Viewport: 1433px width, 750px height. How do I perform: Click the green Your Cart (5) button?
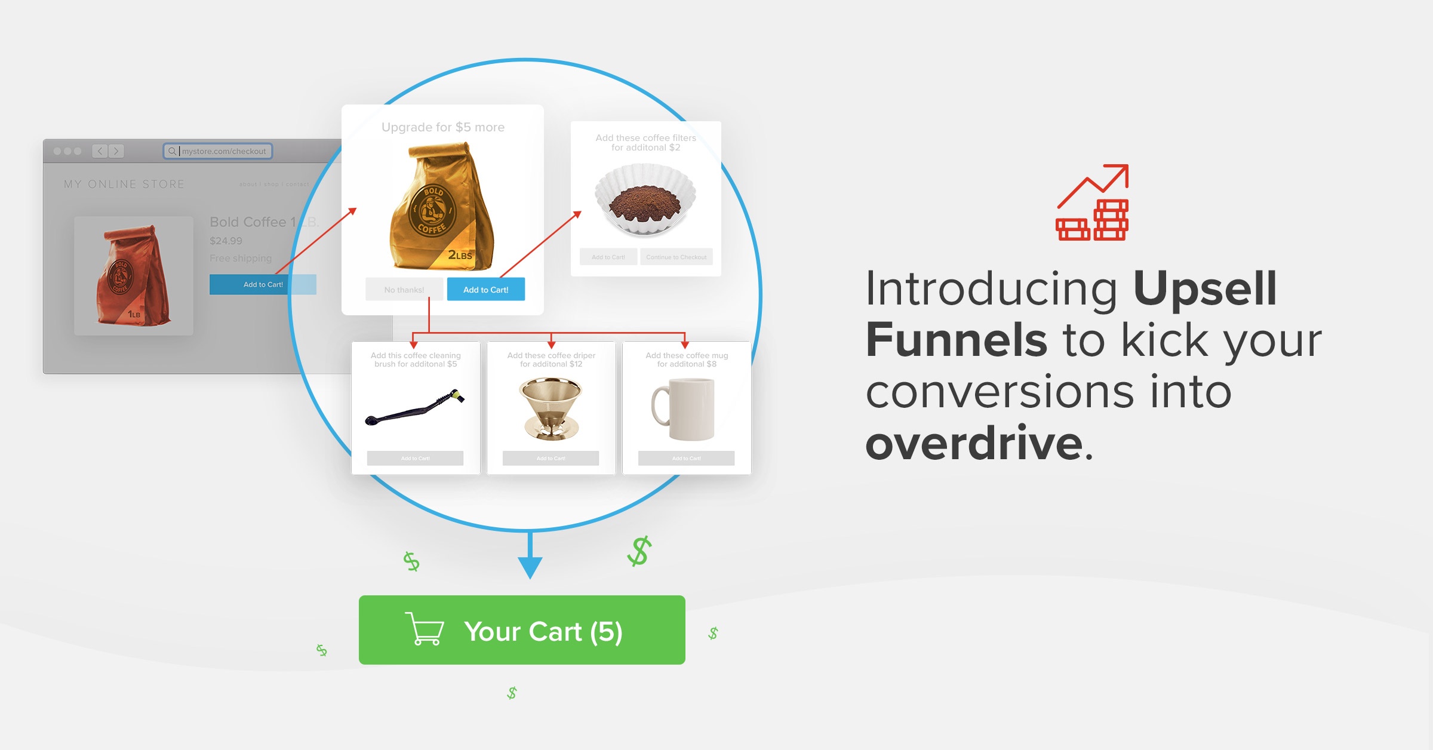[522, 630]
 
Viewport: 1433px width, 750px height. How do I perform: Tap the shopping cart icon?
[425, 629]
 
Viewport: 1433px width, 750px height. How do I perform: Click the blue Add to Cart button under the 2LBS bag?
[485, 290]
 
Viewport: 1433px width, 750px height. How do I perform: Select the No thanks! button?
[404, 290]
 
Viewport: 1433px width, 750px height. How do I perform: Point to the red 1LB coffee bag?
[134, 275]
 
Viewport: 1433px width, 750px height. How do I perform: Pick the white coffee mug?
[685, 409]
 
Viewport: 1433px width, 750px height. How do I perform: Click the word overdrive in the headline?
[973, 443]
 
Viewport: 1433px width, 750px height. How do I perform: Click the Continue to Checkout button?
[676, 257]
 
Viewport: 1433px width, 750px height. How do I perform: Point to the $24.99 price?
[226, 241]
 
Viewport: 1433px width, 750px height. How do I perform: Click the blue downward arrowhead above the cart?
[530, 567]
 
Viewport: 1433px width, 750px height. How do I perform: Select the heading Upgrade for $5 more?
[443, 127]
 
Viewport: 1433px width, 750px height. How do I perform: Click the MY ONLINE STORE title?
[124, 184]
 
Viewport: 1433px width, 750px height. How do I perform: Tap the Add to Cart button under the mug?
[686, 458]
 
